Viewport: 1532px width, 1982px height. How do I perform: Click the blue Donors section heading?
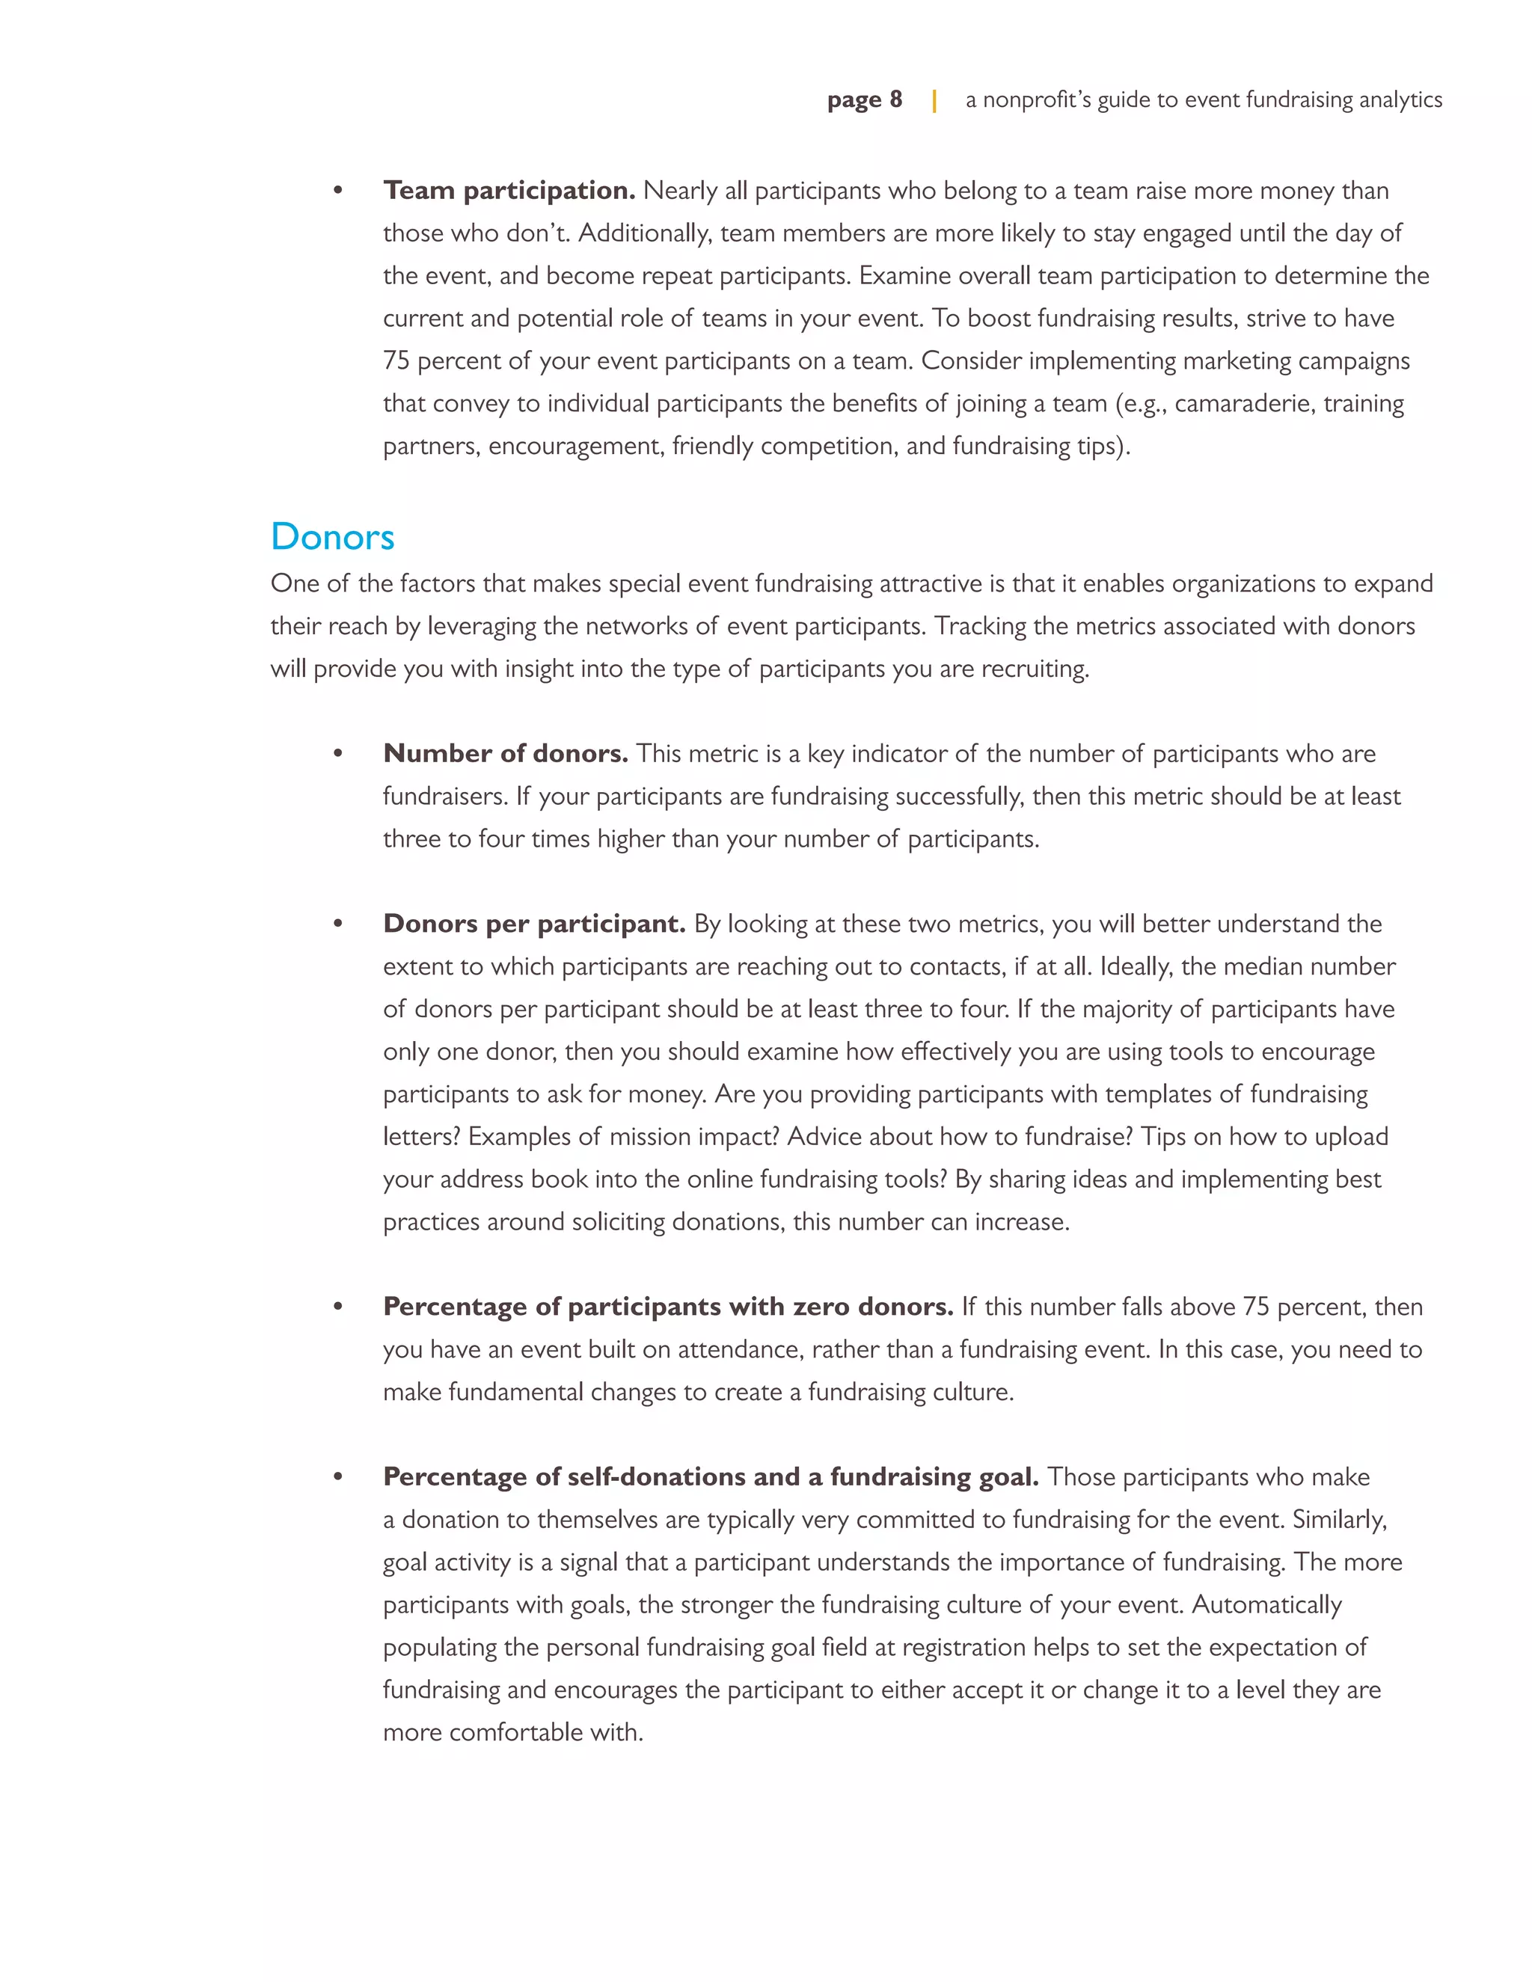[x=332, y=536]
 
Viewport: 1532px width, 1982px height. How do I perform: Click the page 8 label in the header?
[x=864, y=99]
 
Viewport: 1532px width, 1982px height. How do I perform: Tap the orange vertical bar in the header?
[x=934, y=99]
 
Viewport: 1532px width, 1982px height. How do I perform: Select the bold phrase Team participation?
[x=508, y=191]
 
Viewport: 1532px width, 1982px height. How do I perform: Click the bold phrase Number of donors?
[x=506, y=753]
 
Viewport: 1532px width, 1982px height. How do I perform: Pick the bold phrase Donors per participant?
[x=533, y=924]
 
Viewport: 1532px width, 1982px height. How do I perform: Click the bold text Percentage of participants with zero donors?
[x=668, y=1307]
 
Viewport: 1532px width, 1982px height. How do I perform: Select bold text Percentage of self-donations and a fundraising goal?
[x=711, y=1476]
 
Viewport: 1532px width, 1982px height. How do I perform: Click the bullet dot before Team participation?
[x=337, y=191]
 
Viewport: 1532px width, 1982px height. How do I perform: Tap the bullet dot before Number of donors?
[x=337, y=754]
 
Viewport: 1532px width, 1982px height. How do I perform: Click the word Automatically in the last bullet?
[x=1266, y=1604]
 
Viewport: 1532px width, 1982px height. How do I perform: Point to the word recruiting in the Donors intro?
[x=1035, y=669]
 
